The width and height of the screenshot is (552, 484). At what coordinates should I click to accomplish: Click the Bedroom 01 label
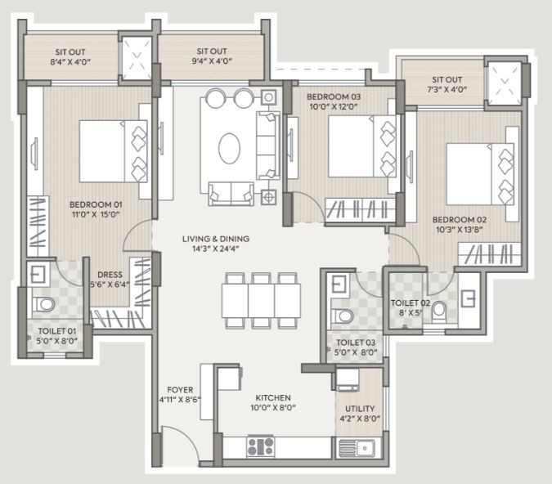click(96, 204)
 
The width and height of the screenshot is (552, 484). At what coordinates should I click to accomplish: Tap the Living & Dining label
click(216, 239)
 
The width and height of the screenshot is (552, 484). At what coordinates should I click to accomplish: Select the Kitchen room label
click(273, 398)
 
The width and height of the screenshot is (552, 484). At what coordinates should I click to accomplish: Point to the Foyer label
click(180, 390)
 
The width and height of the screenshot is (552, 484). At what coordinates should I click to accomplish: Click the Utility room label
click(360, 409)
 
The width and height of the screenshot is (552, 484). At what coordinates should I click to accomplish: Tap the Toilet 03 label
click(356, 343)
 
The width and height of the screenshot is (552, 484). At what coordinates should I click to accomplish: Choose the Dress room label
click(110, 275)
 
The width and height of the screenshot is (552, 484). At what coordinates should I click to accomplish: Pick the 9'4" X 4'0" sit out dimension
click(212, 60)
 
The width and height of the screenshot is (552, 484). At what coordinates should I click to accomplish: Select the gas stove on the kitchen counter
click(261, 446)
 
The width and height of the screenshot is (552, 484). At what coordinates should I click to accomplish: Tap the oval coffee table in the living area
click(229, 148)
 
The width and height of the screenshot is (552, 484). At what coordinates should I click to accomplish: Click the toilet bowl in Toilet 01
click(43, 304)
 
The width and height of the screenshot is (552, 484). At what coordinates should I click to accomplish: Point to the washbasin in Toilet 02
click(469, 299)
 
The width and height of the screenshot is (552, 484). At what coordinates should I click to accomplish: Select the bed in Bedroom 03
click(362, 146)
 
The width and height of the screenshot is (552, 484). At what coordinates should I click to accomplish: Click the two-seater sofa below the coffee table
click(231, 194)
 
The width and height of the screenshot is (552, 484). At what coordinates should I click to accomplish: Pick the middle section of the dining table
click(261, 301)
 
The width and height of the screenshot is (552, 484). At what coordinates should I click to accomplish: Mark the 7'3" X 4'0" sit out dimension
click(447, 89)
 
